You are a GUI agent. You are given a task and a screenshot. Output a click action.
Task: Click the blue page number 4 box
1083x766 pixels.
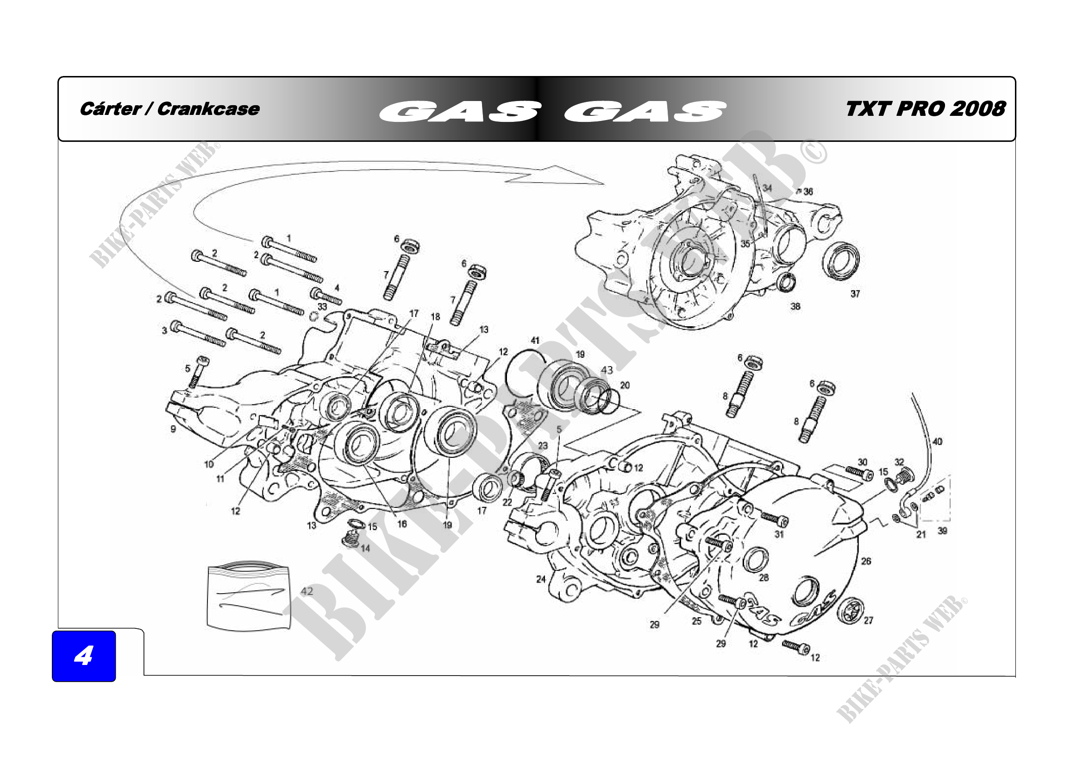tap(83, 656)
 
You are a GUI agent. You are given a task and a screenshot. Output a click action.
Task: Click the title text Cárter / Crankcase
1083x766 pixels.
tap(170, 109)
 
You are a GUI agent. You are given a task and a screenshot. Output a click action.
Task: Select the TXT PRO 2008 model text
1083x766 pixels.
tap(926, 109)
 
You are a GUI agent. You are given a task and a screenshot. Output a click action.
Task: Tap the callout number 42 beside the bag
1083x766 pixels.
tap(307, 591)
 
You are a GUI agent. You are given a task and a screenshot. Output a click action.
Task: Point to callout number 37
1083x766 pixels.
tap(855, 294)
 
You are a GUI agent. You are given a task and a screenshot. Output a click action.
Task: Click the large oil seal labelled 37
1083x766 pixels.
tap(840, 260)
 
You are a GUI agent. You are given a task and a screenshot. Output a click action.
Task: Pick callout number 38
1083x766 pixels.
tap(795, 306)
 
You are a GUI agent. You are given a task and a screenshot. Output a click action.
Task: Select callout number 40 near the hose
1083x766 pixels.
tap(937, 442)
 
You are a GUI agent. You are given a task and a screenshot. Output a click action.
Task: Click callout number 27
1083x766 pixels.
tap(868, 620)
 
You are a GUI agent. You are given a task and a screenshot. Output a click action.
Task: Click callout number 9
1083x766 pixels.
tap(173, 429)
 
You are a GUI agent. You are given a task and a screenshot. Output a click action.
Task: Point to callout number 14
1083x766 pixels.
tap(365, 548)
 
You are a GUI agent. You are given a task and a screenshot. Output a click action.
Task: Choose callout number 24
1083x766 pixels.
tap(540, 579)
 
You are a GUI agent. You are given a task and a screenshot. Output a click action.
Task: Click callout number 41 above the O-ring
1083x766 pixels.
tap(535, 340)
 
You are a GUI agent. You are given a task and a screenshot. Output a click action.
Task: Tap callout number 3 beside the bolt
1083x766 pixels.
tap(164, 330)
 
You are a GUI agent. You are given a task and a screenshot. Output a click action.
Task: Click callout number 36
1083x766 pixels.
tap(808, 192)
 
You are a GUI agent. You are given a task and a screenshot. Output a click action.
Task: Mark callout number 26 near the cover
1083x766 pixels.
tap(866, 561)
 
